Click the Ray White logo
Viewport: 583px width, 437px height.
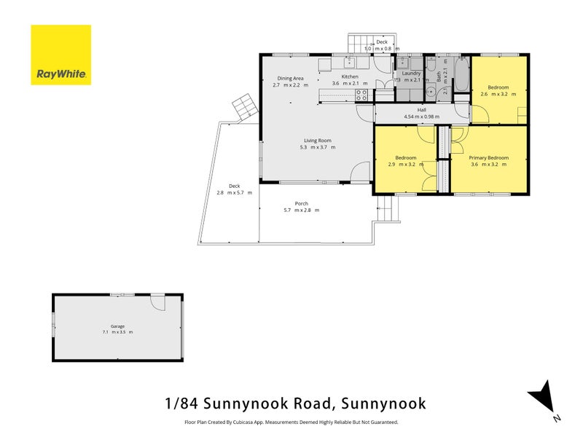60,55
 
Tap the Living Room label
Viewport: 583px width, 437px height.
318,141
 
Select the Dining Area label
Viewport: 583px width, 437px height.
290,78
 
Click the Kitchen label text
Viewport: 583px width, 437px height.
350,77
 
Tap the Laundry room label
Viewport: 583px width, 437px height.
407,74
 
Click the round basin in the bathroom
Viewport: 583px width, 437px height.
431,91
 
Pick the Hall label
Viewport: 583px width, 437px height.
422,110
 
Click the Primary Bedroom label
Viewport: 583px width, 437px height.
488,158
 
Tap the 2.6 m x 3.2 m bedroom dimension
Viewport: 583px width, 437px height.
498,95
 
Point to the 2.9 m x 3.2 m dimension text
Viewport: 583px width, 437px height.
406,165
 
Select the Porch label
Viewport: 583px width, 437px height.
301,203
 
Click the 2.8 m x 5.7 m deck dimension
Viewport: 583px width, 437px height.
234,192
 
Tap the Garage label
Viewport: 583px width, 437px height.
117,326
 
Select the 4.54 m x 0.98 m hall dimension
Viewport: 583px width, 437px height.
422,117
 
